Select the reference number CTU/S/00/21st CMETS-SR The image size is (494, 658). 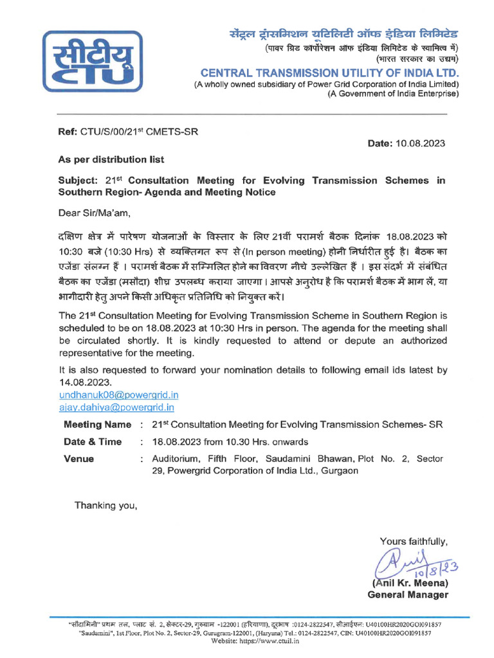(138, 132)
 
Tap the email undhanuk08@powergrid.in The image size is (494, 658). (118, 395)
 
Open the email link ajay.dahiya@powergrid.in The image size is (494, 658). (116, 407)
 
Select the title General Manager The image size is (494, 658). (408, 595)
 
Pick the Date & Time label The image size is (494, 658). (93, 441)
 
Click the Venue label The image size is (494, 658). (78, 459)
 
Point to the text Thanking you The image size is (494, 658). (106, 505)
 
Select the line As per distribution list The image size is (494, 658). (111, 159)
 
